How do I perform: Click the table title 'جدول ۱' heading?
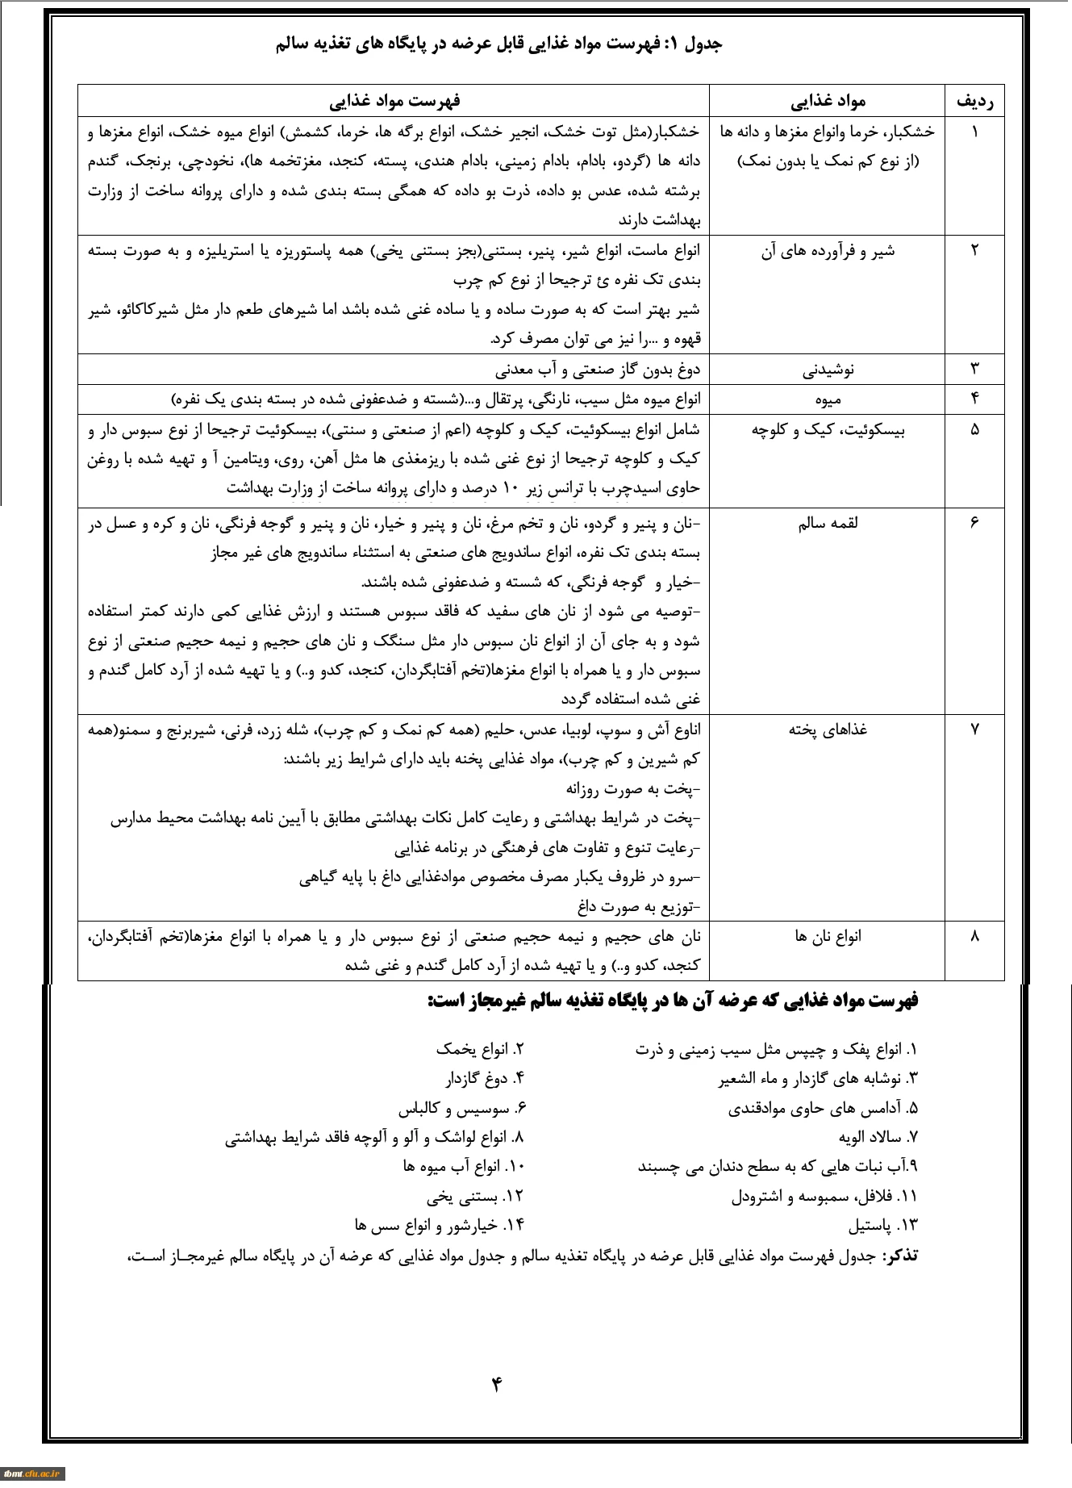tap(499, 44)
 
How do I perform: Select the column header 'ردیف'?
tap(974, 101)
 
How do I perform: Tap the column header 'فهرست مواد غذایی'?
tap(394, 101)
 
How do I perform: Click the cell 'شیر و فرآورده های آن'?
tap(827, 251)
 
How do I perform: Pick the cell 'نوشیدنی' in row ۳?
tap(828, 370)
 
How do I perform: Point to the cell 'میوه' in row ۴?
tap(828, 399)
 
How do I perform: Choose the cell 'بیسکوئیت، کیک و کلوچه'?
tap(828, 429)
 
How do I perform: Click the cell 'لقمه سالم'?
tap(828, 524)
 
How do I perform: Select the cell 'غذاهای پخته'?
tap(828, 729)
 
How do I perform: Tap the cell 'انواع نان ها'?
tap(828, 936)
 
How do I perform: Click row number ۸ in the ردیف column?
tap(974, 936)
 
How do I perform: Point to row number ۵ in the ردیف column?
tap(974, 429)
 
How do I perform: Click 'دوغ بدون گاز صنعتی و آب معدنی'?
tap(598, 370)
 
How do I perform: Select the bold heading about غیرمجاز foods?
tap(673, 1001)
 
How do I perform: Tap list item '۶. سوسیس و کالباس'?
tap(461, 1109)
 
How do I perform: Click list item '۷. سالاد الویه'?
tap(878, 1138)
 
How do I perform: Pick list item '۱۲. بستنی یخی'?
tap(475, 1196)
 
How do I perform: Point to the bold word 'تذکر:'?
tap(899, 1256)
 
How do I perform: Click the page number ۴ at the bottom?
tap(496, 1385)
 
